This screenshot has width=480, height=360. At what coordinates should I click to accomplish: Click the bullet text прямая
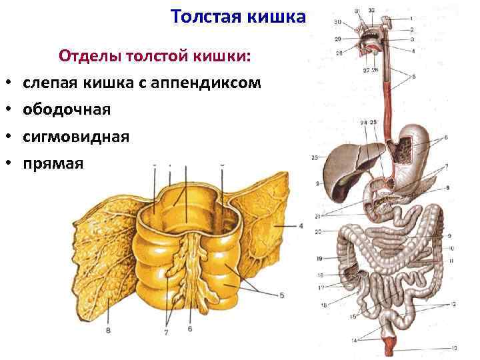coord(53,163)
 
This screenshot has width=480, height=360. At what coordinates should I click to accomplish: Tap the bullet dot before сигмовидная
coord(12,137)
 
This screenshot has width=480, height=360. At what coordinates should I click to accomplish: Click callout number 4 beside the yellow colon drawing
coord(301,227)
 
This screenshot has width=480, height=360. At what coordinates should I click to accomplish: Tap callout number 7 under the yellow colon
coord(166,331)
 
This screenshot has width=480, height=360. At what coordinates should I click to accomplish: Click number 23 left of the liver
coord(314,158)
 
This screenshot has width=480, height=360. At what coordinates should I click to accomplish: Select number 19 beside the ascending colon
coord(319,258)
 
